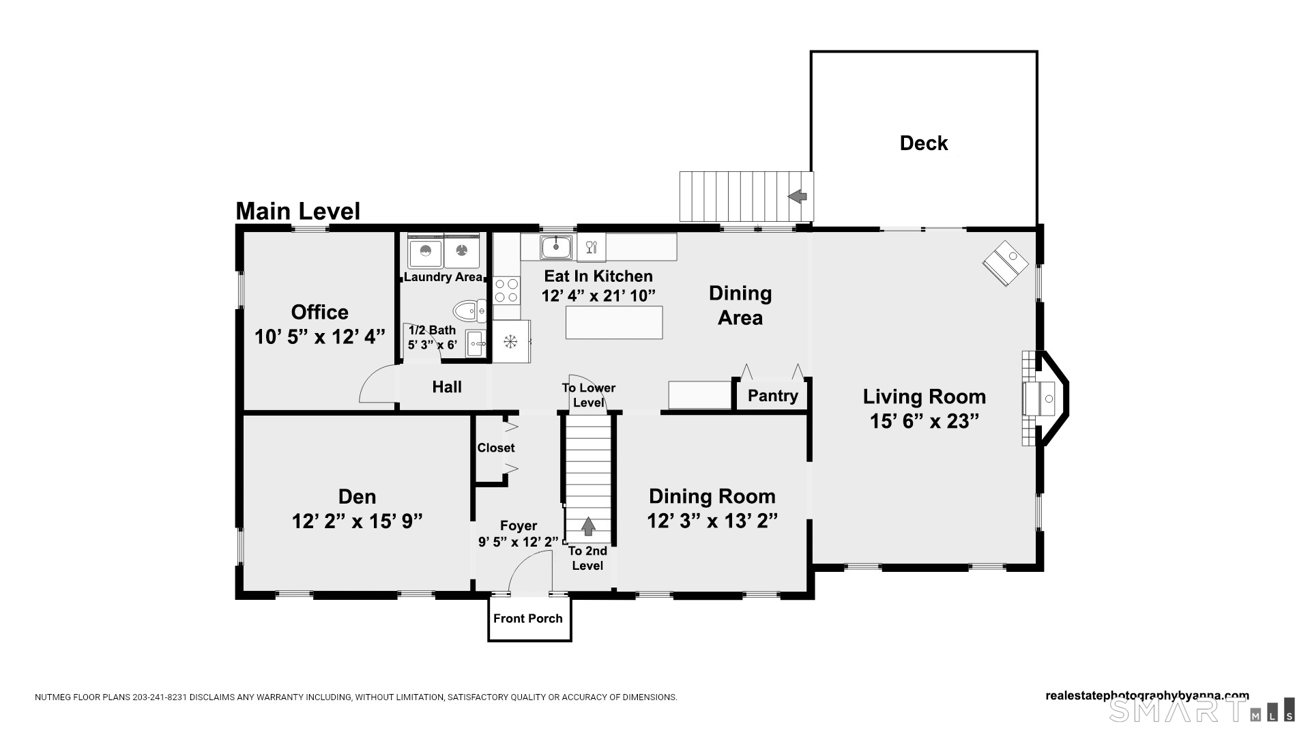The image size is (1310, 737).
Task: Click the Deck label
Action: coord(924,143)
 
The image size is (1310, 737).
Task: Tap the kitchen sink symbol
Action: coord(557,247)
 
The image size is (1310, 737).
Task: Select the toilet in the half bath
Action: coord(470,312)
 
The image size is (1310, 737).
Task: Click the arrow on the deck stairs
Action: coord(797,197)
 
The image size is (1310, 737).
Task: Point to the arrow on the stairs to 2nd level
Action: coord(587,526)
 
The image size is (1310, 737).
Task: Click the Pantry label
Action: coord(772,396)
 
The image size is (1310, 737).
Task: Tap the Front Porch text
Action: coord(528,619)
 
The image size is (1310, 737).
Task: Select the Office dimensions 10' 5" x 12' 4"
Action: coord(320,336)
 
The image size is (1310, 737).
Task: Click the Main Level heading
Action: coord(297,212)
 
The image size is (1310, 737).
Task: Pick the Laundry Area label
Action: coord(443,277)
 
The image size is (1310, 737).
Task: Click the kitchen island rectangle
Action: coord(614,322)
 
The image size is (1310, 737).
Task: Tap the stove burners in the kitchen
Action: coord(506,290)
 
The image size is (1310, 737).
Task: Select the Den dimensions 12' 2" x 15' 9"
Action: coord(358,521)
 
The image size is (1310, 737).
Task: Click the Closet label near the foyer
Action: coord(496,448)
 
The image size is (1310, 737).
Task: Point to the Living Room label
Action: coord(925,396)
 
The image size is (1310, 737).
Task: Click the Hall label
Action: coord(447,387)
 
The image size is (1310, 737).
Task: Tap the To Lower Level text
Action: coord(589,395)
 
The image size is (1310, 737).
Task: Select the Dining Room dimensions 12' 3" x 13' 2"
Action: coord(712,521)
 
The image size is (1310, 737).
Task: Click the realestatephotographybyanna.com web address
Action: coord(1148,696)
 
